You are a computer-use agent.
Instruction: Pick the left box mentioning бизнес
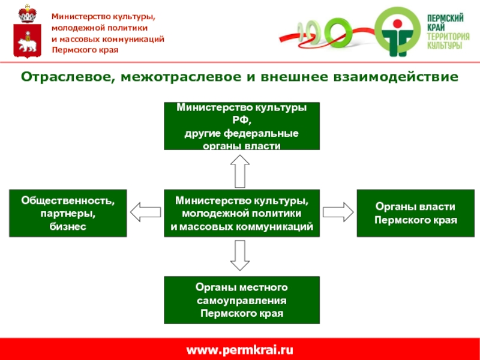68,213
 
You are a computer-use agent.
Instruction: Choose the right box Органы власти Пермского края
416,213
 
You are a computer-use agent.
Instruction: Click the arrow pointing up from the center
240,171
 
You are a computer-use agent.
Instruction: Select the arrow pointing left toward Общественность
146,212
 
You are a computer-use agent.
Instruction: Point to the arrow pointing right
338,212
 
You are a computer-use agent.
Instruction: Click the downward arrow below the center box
240,255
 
